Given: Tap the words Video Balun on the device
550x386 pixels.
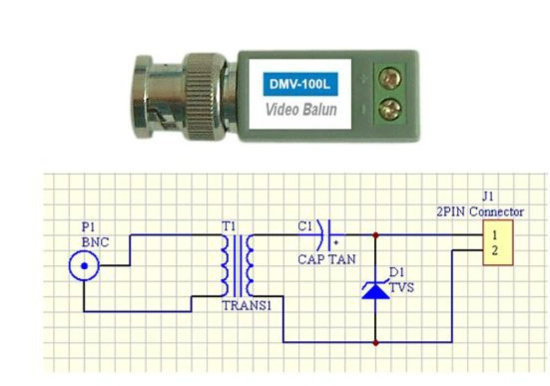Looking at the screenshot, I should (301, 108).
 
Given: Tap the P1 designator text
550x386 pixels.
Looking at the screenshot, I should (88, 227).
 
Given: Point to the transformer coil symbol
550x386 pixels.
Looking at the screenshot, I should (237, 266).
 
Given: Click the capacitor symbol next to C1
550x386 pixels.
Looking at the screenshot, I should (325, 235).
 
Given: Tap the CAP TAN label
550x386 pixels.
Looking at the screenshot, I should (327, 258).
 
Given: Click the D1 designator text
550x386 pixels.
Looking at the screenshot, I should (395, 272).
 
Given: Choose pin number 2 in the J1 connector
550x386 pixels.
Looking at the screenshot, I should (494, 251).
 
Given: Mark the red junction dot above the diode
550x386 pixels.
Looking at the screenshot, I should (375, 235).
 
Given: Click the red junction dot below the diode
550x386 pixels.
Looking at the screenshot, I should (375, 343).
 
